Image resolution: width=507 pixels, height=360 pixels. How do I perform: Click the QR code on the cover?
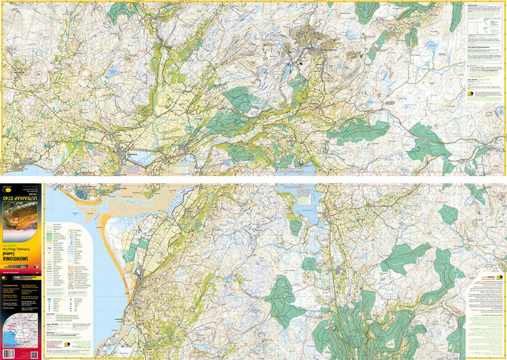(x=34, y=355)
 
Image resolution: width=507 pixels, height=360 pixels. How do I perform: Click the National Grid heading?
(x=473, y=5)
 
